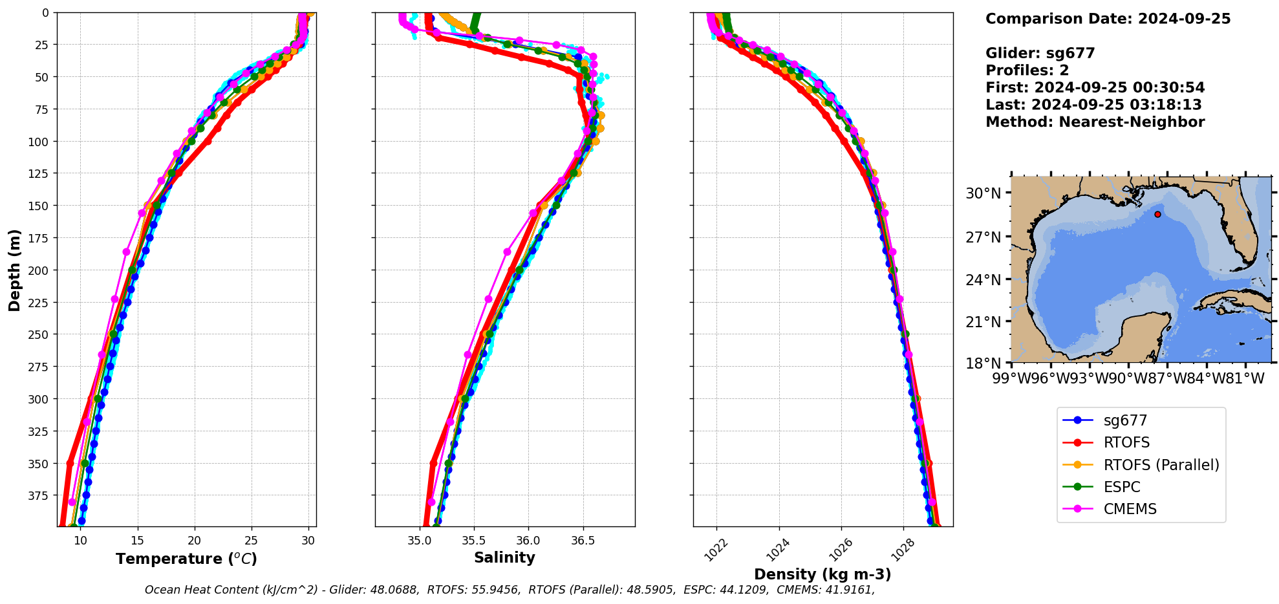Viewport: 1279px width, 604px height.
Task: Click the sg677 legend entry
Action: click(x=1124, y=420)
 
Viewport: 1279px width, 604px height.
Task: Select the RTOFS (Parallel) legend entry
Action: click(x=1161, y=465)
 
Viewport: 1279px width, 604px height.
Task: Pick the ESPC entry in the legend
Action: click(x=1121, y=487)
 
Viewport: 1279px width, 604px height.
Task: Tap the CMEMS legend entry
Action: click(x=1130, y=509)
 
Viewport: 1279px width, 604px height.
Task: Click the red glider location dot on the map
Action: click(x=1157, y=214)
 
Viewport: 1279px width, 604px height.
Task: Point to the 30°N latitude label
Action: click(x=983, y=193)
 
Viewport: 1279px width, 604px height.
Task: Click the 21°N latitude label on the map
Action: click(x=983, y=322)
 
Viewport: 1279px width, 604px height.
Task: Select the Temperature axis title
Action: click(x=186, y=559)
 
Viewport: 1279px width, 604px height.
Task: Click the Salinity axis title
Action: click(x=504, y=557)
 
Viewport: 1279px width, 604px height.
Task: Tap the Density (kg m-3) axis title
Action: click(x=822, y=574)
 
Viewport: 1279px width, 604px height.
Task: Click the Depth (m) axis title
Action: click(x=14, y=270)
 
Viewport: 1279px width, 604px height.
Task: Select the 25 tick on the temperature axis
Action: click(x=252, y=541)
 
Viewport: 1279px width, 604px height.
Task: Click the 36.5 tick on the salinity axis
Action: click(x=583, y=541)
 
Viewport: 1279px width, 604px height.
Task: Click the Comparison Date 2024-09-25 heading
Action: click(x=1108, y=19)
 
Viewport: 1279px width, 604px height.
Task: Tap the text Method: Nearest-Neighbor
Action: click(x=1095, y=122)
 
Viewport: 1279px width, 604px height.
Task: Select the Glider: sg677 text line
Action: click(x=1040, y=53)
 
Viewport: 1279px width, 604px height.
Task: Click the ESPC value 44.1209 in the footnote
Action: click(x=748, y=590)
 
